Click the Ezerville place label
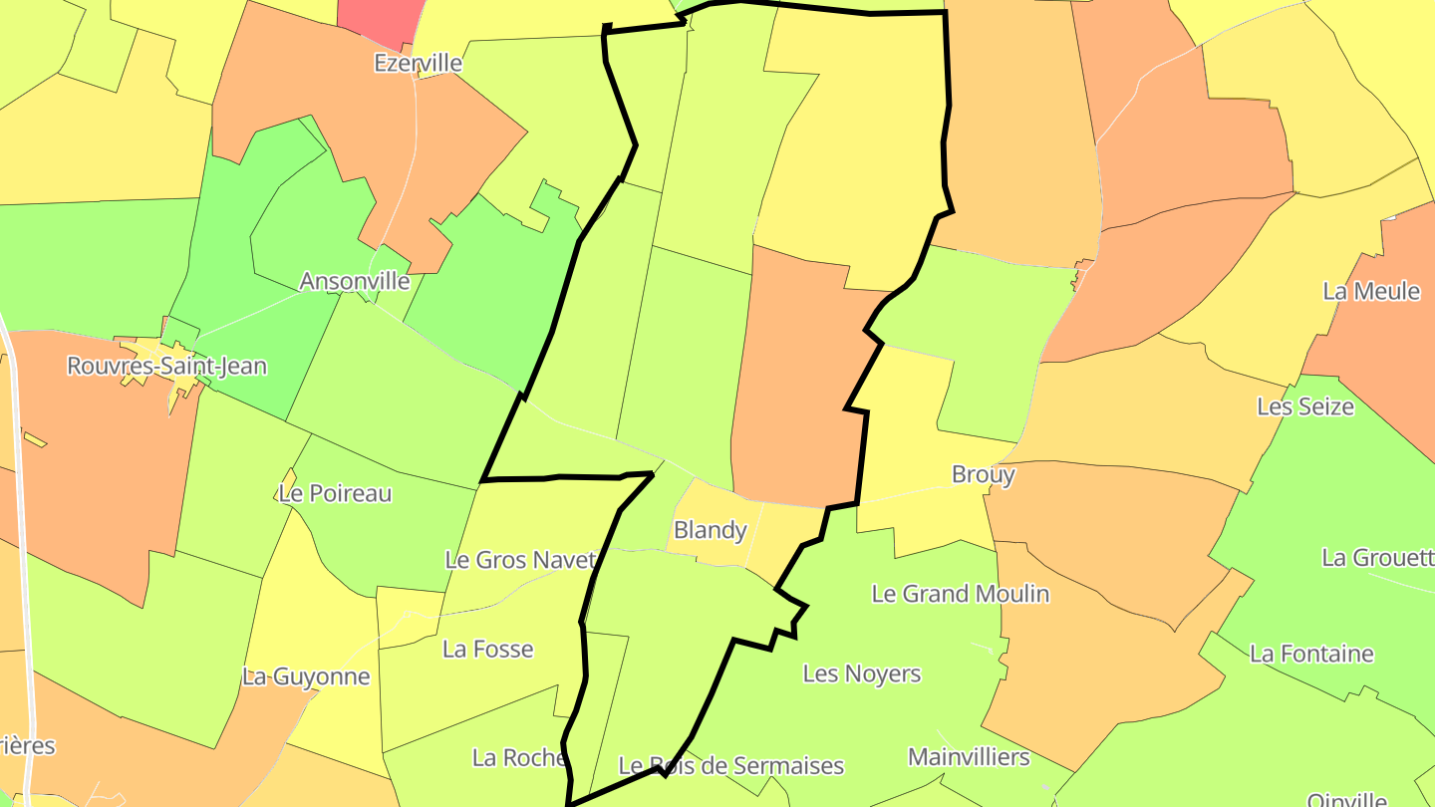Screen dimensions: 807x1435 click(418, 63)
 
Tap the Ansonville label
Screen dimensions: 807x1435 click(355, 281)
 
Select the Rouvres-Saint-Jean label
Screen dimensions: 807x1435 click(166, 366)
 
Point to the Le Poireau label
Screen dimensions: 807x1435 click(335, 493)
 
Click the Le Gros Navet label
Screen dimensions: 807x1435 click(520, 559)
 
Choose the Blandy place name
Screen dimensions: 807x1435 click(710, 530)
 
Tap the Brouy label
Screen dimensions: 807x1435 click(983, 474)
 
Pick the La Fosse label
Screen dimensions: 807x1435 click(487, 650)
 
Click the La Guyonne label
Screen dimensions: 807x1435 click(306, 676)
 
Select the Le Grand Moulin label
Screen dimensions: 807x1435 click(960, 594)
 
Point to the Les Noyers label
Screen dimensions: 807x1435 click(861, 673)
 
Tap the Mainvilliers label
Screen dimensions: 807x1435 click(968, 757)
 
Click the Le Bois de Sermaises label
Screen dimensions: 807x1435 click(730, 766)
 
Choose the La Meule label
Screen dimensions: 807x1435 click(1371, 291)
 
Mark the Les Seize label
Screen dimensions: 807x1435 click(1304, 406)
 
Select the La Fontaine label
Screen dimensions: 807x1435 click(1311, 654)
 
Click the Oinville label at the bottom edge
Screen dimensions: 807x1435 click(1346, 798)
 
